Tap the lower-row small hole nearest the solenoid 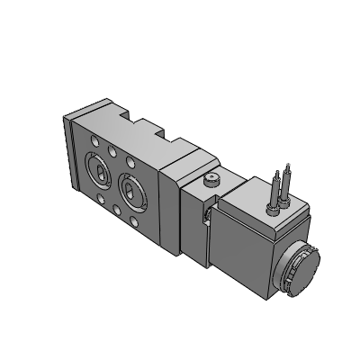tap(133, 212)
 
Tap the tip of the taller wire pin tap(288, 166)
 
